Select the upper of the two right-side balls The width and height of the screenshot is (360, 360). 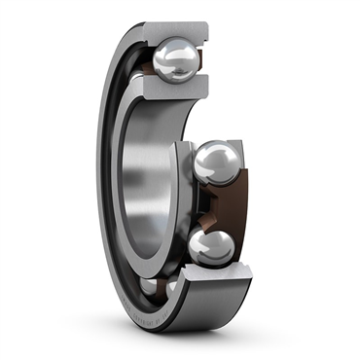[x=215, y=162]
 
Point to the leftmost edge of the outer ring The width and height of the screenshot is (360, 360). [x=97, y=185]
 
